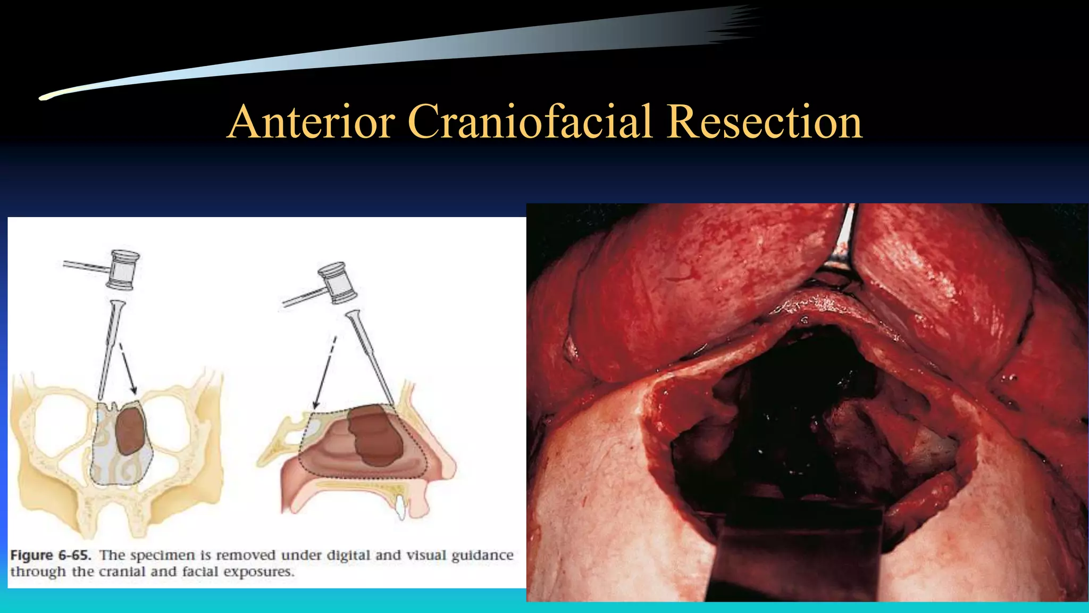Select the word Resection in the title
click(765, 122)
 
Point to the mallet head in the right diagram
click(337, 283)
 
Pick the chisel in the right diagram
click(369, 354)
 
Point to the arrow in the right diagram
click(324, 372)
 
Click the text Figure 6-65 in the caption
click(51, 555)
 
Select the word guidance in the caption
click(482, 555)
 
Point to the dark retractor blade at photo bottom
click(798, 553)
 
